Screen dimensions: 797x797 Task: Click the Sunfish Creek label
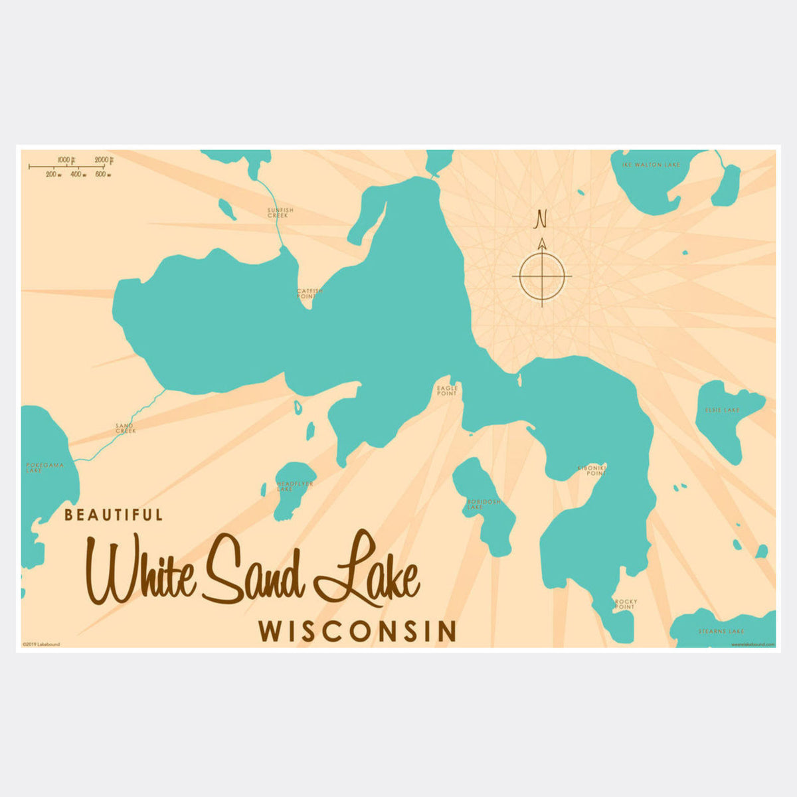coord(280,213)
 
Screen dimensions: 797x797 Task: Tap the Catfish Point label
coord(310,293)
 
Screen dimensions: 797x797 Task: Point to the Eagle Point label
coord(447,391)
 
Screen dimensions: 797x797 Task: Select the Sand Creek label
coord(126,428)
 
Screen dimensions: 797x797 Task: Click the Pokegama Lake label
coord(44,468)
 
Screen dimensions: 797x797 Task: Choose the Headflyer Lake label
coord(294,486)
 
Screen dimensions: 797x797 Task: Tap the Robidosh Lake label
coord(483,504)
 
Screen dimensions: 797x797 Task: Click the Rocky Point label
coord(625,604)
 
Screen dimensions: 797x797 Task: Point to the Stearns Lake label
coord(721,631)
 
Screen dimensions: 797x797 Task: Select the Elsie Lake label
coord(722,410)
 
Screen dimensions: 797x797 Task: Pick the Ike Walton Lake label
coord(651,164)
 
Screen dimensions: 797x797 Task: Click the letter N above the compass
coord(541,218)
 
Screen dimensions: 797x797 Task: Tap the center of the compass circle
coord(542,275)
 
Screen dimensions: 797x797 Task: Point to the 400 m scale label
coord(76,174)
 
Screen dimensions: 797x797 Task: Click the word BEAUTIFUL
coord(113,515)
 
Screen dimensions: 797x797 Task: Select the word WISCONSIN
coord(357,632)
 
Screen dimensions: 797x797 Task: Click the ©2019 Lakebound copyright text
coord(41,644)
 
